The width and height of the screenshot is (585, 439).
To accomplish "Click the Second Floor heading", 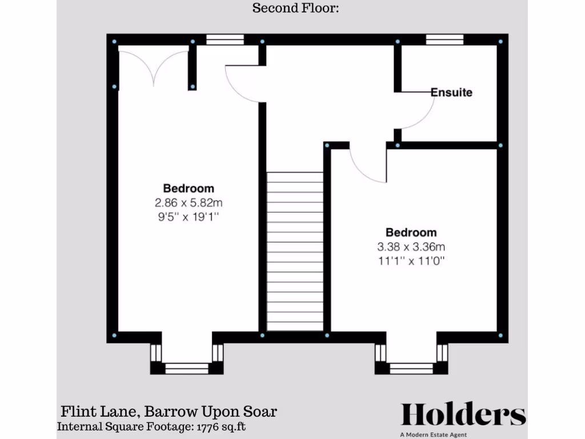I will tap(296, 8).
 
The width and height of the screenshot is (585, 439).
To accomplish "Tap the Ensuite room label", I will tap(451, 92).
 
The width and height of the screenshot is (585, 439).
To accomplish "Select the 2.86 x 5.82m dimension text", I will tap(189, 202).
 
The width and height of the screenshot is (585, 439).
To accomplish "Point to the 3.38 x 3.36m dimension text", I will tap(411, 247).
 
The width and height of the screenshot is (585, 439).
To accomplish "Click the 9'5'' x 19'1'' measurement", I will tap(189, 217).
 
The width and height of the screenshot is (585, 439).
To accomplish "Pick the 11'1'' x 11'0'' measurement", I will tap(411, 261).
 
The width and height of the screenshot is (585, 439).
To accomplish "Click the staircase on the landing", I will tap(295, 252).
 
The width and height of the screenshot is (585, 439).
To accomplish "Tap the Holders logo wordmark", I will tap(463, 414).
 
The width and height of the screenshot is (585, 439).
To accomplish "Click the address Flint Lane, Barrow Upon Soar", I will tap(169, 412).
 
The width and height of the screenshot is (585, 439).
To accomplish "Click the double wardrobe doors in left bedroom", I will tap(154, 66).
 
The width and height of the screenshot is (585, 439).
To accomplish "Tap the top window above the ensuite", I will tap(444, 39).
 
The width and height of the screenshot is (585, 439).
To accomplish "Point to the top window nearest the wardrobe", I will tap(225, 39).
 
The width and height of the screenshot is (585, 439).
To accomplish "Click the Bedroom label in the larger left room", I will tap(189, 188).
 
